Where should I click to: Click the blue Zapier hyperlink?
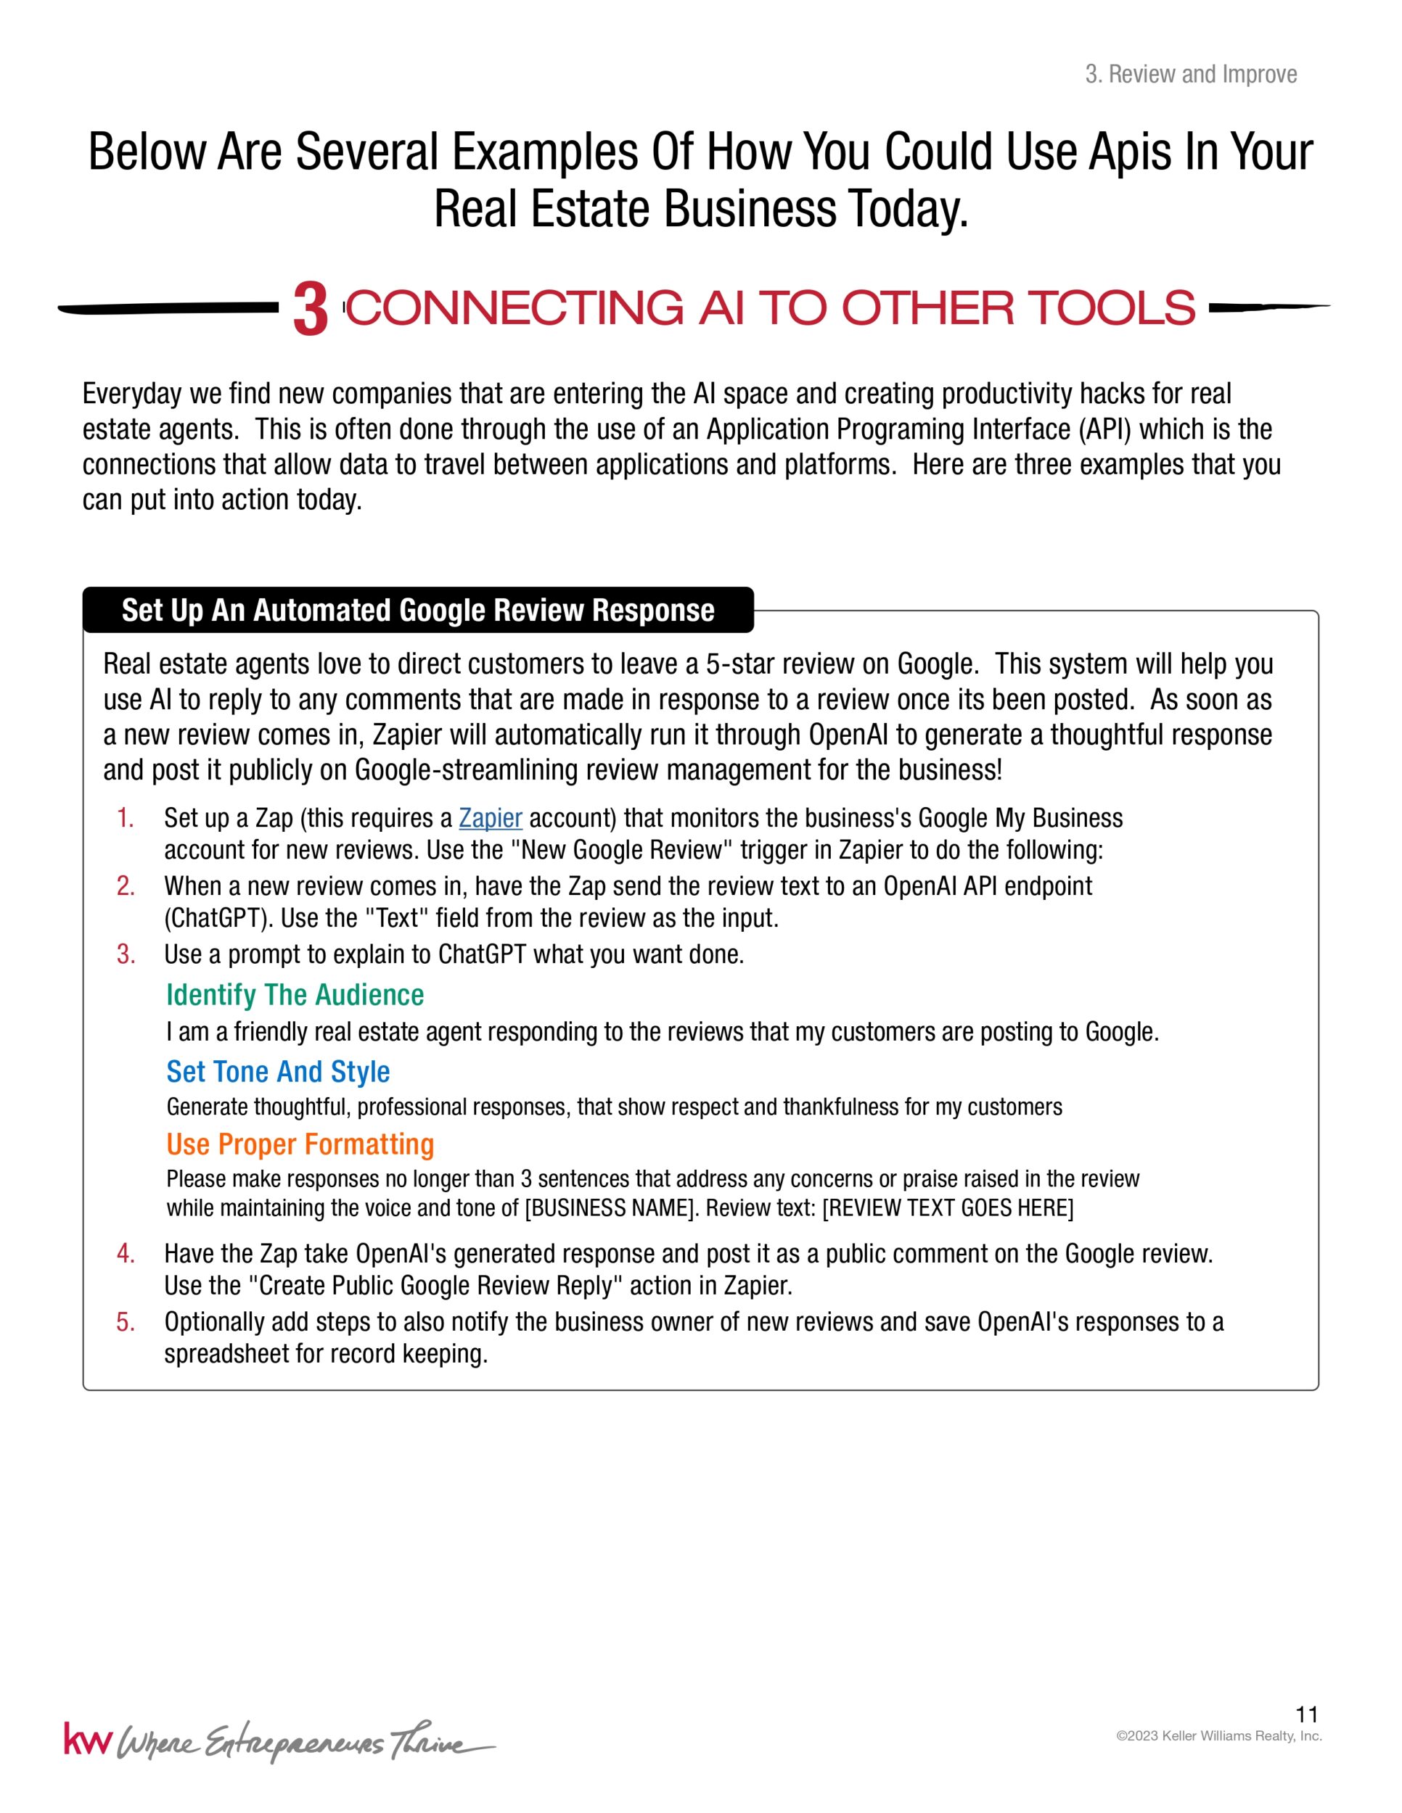(490, 819)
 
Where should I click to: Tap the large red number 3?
(311, 310)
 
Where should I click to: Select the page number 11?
(1306, 1714)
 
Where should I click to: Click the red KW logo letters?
(86, 1740)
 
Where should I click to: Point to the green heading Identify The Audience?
(295, 994)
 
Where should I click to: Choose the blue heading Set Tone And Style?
(278, 1072)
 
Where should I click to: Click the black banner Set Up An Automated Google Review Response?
(418, 610)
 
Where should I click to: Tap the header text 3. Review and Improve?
(1190, 75)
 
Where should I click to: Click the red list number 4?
(126, 1253)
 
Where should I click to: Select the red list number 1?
(126, 819)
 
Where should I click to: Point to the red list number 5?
(126, 1321)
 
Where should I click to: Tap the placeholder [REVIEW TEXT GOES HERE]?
(948, 1208)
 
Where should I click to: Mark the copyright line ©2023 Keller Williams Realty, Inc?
(1218, 1736)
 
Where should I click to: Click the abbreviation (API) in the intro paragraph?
(1104, 429)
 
